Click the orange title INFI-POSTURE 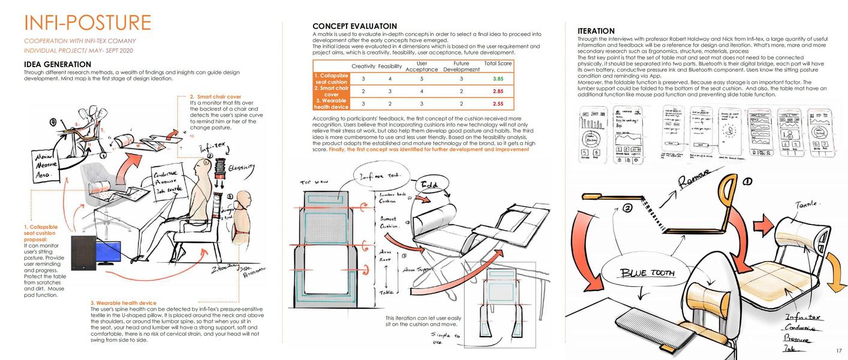coord(88,23)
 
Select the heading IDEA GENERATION coord(58,64)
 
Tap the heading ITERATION coord(596,31)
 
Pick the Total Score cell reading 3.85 coord(497,79)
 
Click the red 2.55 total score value coord(497,104)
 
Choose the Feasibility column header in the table coord(390,66)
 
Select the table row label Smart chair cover coord(331,91)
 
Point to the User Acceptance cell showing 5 coord(422,79)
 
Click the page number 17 coord(838,351)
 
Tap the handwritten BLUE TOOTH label coord(647,273)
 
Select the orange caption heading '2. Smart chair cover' coord(215,97)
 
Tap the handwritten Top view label coord(314,182)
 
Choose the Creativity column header coord(363,66)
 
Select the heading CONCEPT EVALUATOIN coord(354,26)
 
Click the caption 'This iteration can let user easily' coord(423,318)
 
